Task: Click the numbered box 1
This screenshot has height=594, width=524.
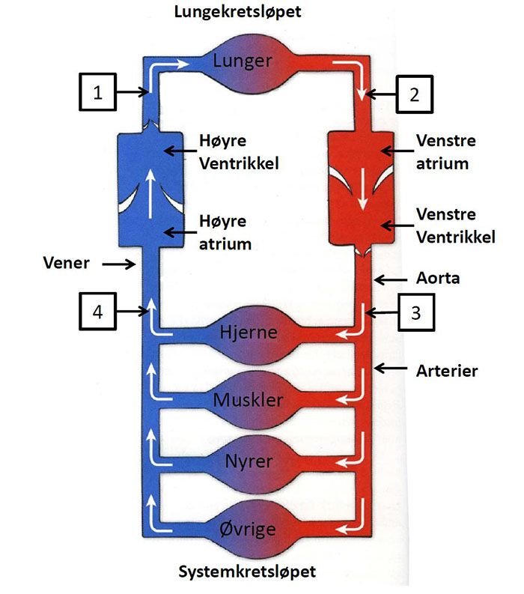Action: (97, 93)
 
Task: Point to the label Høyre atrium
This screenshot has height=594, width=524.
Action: (224, 232)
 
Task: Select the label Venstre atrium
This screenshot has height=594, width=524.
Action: (445, 151)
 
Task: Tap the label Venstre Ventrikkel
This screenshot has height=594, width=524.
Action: (453, 224)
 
